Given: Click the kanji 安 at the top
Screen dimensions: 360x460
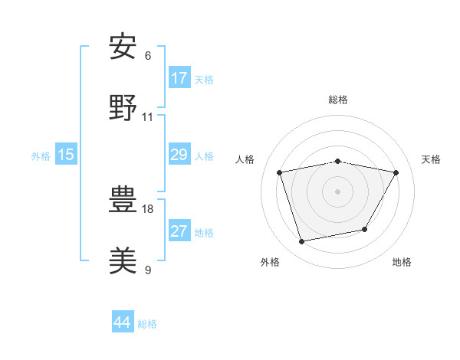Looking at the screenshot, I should pyautogui.click(x=123, y=47).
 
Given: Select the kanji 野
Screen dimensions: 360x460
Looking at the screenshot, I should pyautogui.click(x=123, y=107).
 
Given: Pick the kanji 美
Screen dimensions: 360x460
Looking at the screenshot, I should pyautogui.click(x=123, y=260).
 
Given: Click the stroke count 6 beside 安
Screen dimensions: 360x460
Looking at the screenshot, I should pyautogui.click(x=148, y=55).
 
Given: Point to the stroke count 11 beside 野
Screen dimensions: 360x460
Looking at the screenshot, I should pyautogui.click(x=148, y=116).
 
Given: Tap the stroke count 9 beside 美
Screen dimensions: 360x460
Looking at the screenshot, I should pyautogui.click(x=148, y=269).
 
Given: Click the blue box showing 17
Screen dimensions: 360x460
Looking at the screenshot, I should pyautogui.click(x=179, y=78).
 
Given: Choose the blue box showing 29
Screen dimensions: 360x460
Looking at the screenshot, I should pyautogui.click(x=179, y=155).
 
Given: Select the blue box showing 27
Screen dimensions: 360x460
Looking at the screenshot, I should pyautogui.click(x=179, y=231).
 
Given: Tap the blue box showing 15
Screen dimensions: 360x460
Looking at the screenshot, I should pyautogui.click(x=66, y=155).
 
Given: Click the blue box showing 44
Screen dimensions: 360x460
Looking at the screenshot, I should pyautogui.click(x=123, y=322).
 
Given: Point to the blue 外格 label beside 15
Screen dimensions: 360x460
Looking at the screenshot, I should pyautogui.click(x=41, y=155).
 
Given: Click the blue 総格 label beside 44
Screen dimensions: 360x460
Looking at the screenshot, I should pyautogui.click(x=147, y=324).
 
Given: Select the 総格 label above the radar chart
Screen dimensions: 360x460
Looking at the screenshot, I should pyautogui.click(x=338, y=100).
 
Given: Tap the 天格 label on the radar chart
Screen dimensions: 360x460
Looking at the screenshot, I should pyautogui.click(x=432, y=159).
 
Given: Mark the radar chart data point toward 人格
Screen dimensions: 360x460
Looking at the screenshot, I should pyautogui.click(x=280, y=172).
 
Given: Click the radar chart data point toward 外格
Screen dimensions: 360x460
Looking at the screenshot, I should pyautogui.click(x=302, y=241).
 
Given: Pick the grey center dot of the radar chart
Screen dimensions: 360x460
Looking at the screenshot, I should pyautogui.click(x=338, y=191).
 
